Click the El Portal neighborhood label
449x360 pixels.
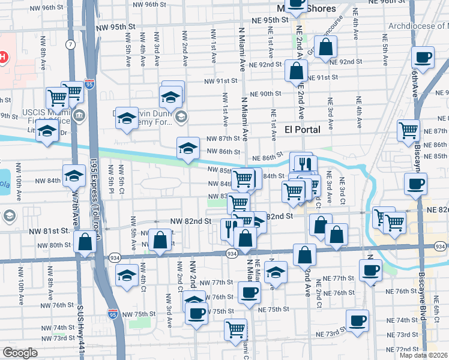302,130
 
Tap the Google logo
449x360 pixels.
20,353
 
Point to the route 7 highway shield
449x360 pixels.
71,45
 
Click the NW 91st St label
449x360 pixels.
221,81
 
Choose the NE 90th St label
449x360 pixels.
267,94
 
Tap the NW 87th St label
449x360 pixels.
223,139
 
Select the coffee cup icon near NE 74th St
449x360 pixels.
358,321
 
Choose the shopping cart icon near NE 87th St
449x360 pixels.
408,130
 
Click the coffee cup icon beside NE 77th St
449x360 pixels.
370,269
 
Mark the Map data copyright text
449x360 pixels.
423,355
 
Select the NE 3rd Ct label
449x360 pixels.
342,186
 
